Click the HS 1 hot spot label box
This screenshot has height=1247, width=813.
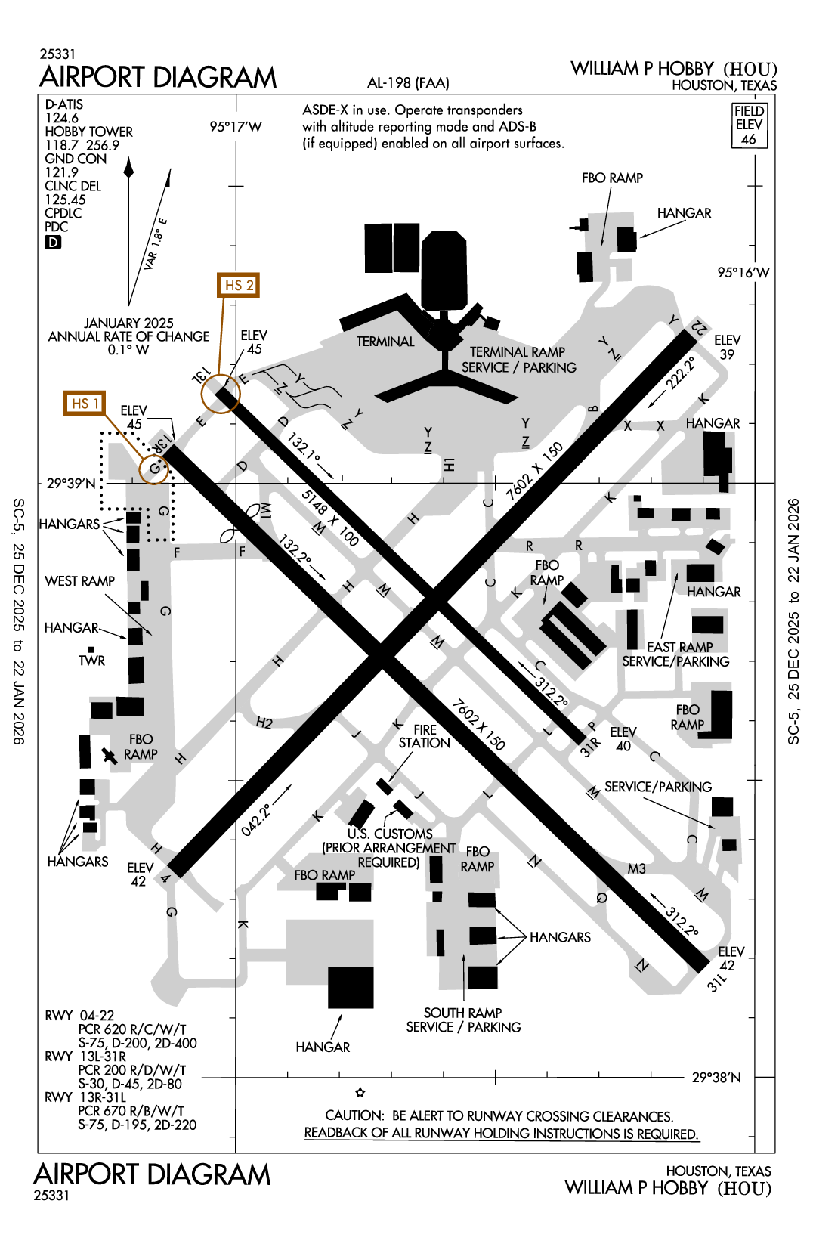pos(85,404)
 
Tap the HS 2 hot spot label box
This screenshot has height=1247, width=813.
pos(238,286)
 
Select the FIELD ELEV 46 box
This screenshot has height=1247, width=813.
pos(749,125)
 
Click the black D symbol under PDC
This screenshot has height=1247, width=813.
pos(53,243)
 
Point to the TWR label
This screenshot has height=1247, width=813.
pos(91,661)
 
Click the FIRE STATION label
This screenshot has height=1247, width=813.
pos(425,736)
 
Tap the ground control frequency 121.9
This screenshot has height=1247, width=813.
pos(61,172)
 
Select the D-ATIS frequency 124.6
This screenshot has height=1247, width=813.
pos(61,118)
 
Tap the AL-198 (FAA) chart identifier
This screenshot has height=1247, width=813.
pos(408,83)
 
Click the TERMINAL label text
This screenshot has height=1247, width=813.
pos(385,342)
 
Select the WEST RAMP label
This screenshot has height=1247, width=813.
pos(80,581)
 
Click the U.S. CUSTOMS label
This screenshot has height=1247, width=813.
pos(390,834)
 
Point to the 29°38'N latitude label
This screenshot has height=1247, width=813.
pos(716,1078)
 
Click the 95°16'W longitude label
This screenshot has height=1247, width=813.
pos(743,273)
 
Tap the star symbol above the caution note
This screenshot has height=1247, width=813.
pos(360,1093)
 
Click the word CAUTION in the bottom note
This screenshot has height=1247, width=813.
pos(354,1116)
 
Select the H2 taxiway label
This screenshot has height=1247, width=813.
pos(264,723)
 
